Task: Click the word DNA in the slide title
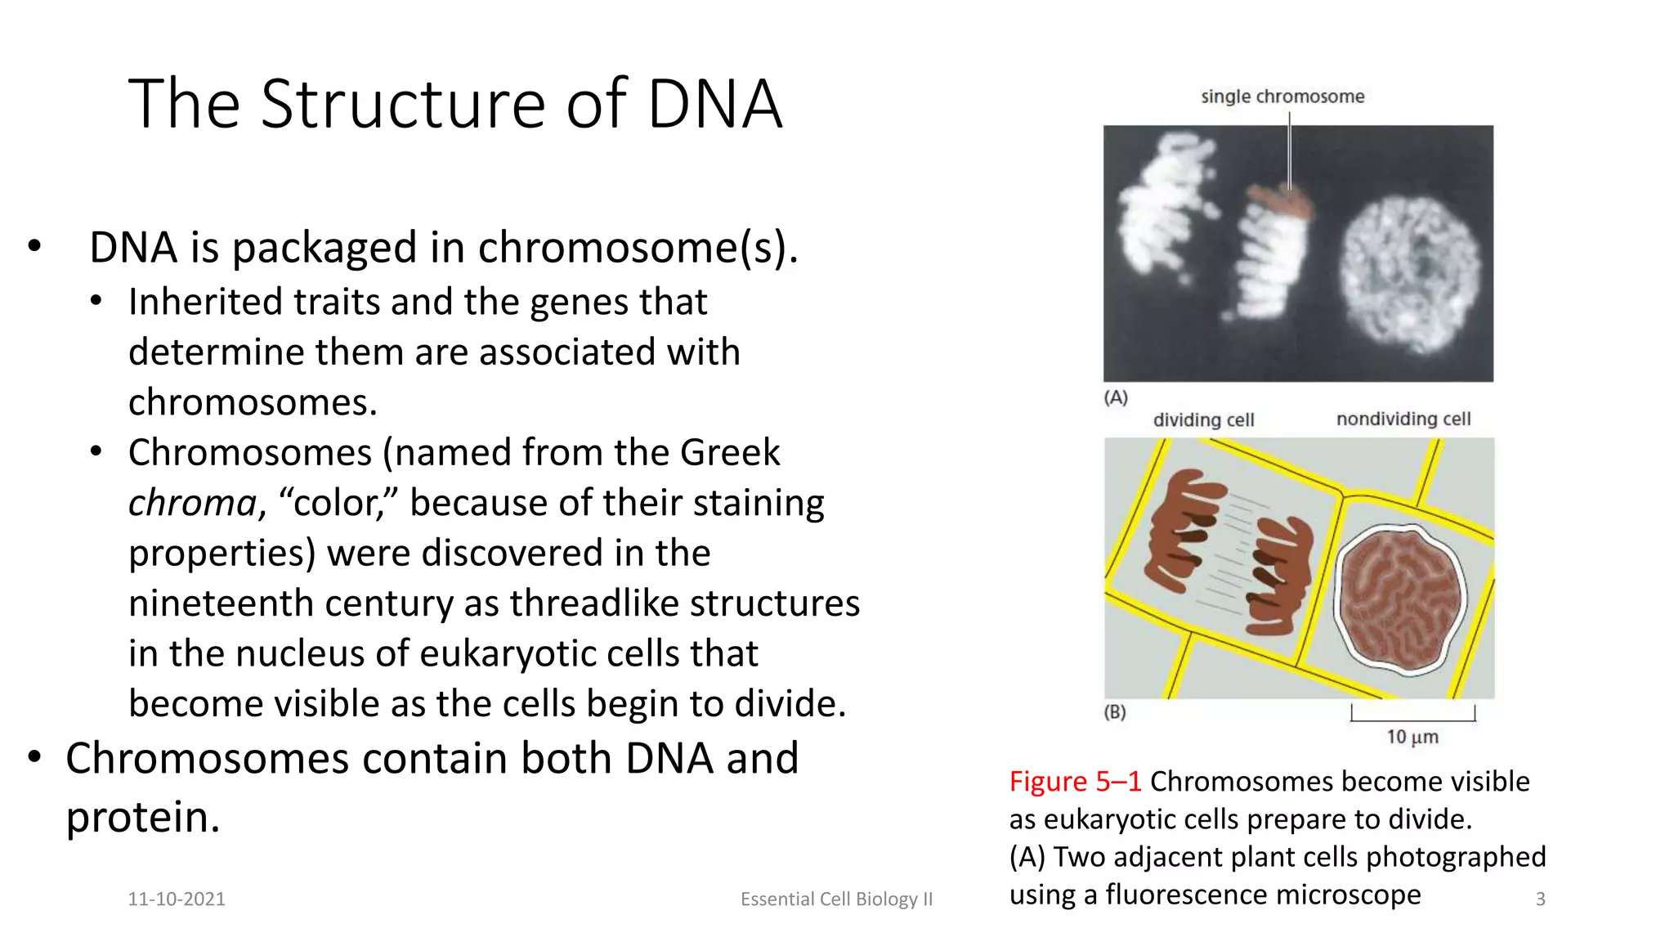click(714, 105)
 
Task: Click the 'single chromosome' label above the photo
click(1282, 96)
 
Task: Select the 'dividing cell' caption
click(1203, 420)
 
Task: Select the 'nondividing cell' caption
click(1403, 419)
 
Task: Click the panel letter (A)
click(1116, 398)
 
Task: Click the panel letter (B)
click(1115, 712)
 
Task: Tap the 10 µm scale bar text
click(1412, 737)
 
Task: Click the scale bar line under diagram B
click(1412, 720)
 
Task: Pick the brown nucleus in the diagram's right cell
click(1400, 599)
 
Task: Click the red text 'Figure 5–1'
click(1074, 782)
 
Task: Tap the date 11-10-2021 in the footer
click(177, 899)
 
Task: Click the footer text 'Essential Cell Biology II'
click(836, 899)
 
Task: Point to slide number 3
click(1540, 899)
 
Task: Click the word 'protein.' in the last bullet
click(143, 817)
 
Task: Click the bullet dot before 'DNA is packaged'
click(34, 245)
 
